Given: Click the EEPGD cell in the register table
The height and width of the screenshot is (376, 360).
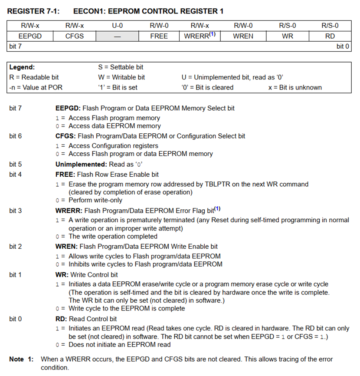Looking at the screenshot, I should click(30, 36).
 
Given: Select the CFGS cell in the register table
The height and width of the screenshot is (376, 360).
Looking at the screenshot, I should click(74, 36).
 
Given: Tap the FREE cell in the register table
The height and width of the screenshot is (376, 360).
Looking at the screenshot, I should click(159, 36).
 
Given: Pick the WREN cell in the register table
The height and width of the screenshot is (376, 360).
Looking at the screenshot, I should click(243, 36).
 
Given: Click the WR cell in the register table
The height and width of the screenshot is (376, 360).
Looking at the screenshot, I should click(288, 36).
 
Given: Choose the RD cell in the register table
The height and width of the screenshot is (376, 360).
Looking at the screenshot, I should click(330, 36).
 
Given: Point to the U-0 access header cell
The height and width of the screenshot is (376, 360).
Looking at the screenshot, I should click(117, 26).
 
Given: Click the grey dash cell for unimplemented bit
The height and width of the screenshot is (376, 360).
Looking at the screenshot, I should click(117, 36).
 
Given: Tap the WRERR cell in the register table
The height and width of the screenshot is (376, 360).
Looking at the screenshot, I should click(200, 36).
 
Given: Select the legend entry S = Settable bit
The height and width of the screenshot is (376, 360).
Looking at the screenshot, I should click(121, 67).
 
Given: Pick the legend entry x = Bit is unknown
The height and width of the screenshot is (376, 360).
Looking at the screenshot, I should click(295, 87).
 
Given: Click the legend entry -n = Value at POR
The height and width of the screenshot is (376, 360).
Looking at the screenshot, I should click(36, 87).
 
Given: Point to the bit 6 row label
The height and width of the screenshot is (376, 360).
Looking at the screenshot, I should click(16, 136).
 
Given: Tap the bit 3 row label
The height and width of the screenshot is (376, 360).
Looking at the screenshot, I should click(16, 211).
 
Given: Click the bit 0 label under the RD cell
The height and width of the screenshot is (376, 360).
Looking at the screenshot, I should click(343, 46).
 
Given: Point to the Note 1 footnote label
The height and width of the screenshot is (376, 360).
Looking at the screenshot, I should click(22, 359).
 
